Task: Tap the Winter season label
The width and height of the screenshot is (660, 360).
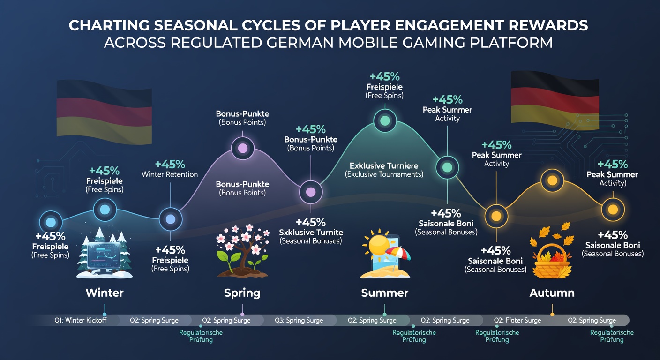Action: tap(105, 293)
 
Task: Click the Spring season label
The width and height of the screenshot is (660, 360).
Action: tap(242, 293)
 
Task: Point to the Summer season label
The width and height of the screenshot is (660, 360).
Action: tap(385, 293)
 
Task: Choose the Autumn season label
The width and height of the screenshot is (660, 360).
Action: tap(552, 293)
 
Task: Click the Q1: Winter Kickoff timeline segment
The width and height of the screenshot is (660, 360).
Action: tap(81, 320)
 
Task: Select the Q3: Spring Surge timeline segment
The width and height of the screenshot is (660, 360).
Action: tap(299, 320)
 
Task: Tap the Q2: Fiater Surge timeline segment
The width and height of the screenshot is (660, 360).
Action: tap(517, 320)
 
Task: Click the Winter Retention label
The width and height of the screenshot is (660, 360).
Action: tap(170, 174)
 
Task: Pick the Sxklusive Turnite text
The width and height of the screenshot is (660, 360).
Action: tap(311, 232)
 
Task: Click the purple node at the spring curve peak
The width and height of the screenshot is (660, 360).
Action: tap(242, 148)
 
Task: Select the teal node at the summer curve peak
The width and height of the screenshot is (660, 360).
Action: tap(385, 120)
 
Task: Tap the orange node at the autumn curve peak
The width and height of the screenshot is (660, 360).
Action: tap(552, 180)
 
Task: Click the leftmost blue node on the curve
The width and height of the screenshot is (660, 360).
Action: tap(51, 222)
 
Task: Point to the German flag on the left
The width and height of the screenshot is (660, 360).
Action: tap(104, 112)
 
